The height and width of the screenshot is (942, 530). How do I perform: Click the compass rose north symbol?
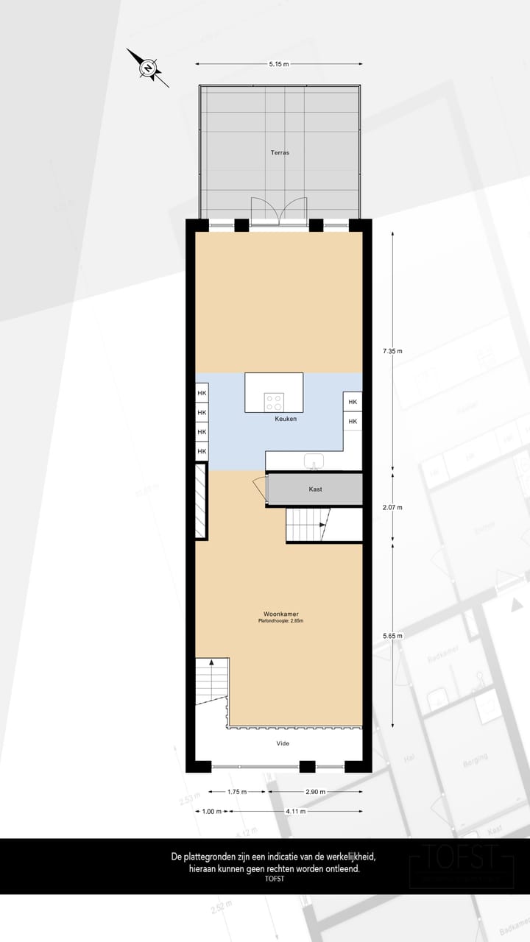[149, 68]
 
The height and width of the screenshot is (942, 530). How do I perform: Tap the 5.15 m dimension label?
[279, 64]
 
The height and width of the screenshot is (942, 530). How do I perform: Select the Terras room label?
[279, 153]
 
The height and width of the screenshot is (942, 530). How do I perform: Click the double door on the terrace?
[279, 211]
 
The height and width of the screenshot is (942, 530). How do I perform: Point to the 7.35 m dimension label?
[393, 351]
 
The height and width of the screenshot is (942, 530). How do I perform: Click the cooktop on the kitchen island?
[275, 401]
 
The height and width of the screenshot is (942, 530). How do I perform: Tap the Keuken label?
[286, 419]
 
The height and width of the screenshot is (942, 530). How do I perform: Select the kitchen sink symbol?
[315, 461]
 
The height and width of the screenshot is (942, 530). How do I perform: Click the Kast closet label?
[315, 489]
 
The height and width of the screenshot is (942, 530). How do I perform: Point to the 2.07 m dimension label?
[393, 507]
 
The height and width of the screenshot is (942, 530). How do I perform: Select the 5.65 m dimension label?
[393, 635]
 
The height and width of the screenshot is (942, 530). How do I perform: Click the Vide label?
[283, 743]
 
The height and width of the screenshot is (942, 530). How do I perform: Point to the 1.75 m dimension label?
[236, 792]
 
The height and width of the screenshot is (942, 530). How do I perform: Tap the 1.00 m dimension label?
[211, 811]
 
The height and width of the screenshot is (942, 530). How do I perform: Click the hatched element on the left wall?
[199, 501]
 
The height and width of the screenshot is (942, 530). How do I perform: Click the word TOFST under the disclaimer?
[274, 879]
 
